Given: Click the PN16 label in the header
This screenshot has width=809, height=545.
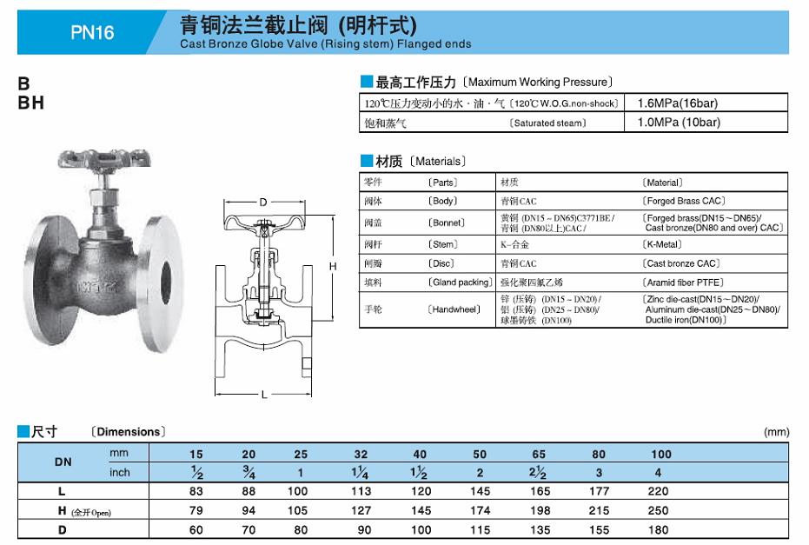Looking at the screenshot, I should click(92, 33).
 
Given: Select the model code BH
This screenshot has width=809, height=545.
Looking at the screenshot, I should click(31, 103).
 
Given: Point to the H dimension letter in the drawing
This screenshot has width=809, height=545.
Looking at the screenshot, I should click(332, 265).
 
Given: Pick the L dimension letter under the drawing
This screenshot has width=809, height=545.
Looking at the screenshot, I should click(263, 395).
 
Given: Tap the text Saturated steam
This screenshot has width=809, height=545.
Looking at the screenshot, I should click(547, 123).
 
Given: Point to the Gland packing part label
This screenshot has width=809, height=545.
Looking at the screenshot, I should click(460, 282).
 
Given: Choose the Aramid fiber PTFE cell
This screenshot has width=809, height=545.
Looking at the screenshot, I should click(684, 282).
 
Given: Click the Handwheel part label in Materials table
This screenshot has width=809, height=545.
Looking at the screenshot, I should click(454, 309).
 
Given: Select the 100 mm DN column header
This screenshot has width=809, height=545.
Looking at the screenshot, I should click(661, 455).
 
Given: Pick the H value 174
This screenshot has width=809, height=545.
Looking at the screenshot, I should click(480, 510).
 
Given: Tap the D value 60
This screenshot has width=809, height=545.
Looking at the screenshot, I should click(197, 528).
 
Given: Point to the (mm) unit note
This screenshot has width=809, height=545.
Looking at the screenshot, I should click(776, 432).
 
